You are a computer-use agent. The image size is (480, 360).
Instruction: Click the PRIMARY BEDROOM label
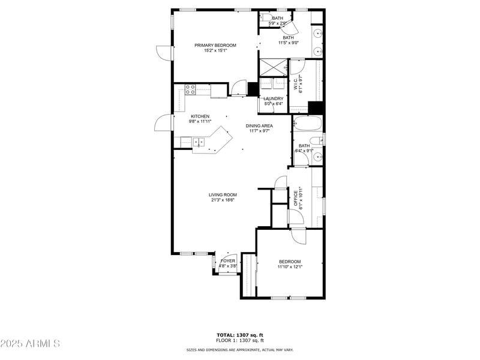tap(215, 45)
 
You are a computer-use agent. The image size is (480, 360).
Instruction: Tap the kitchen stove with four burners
tap(191, 90)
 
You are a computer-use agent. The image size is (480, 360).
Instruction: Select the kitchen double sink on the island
tap(199, 142)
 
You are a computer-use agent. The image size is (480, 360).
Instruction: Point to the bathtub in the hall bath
tap(307, 125)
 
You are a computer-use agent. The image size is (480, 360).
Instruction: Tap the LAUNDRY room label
tap(273, 99)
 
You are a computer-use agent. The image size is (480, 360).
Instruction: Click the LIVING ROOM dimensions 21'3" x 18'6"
tap(223, 200)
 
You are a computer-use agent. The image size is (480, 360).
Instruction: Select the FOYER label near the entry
tap(228, 261)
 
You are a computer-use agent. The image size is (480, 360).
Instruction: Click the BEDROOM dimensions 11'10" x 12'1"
tap(290, 267)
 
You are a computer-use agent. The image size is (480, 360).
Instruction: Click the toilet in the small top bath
tap(265, 18)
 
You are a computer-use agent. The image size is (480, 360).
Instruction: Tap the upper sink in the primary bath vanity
tap(317, 33)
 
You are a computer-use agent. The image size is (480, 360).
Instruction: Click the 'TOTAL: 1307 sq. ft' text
tap(239, 335)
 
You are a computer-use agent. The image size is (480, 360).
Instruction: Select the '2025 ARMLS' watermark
tap(30, 343)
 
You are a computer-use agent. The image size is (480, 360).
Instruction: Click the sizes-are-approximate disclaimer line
tap(239, 350)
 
